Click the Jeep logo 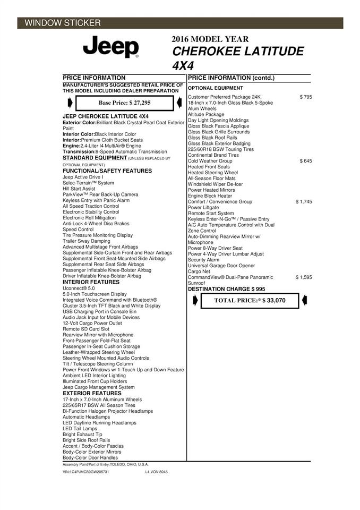tap(111, 47)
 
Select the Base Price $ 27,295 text tap(125, 103)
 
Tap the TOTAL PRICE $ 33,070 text tap(250, 300)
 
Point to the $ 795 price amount tap(306, 97)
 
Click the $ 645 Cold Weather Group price tap(306, 160)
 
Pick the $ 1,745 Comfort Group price tap(304, 202)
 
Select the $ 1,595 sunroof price tap(304, 277)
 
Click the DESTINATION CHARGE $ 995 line tap(226, 289)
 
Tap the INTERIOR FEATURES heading tap(91, 282)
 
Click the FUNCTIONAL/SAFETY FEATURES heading tap(107, 171)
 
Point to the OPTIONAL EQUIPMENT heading tap(216, 88)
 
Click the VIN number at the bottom tap(85, 472)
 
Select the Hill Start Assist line tap(79, 189)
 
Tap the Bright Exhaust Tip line tap(82, 434)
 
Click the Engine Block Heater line tap(210, 196)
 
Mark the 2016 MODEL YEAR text tap(210, 39)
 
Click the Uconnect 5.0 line tap(79, 288)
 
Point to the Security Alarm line tap(203, 260)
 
